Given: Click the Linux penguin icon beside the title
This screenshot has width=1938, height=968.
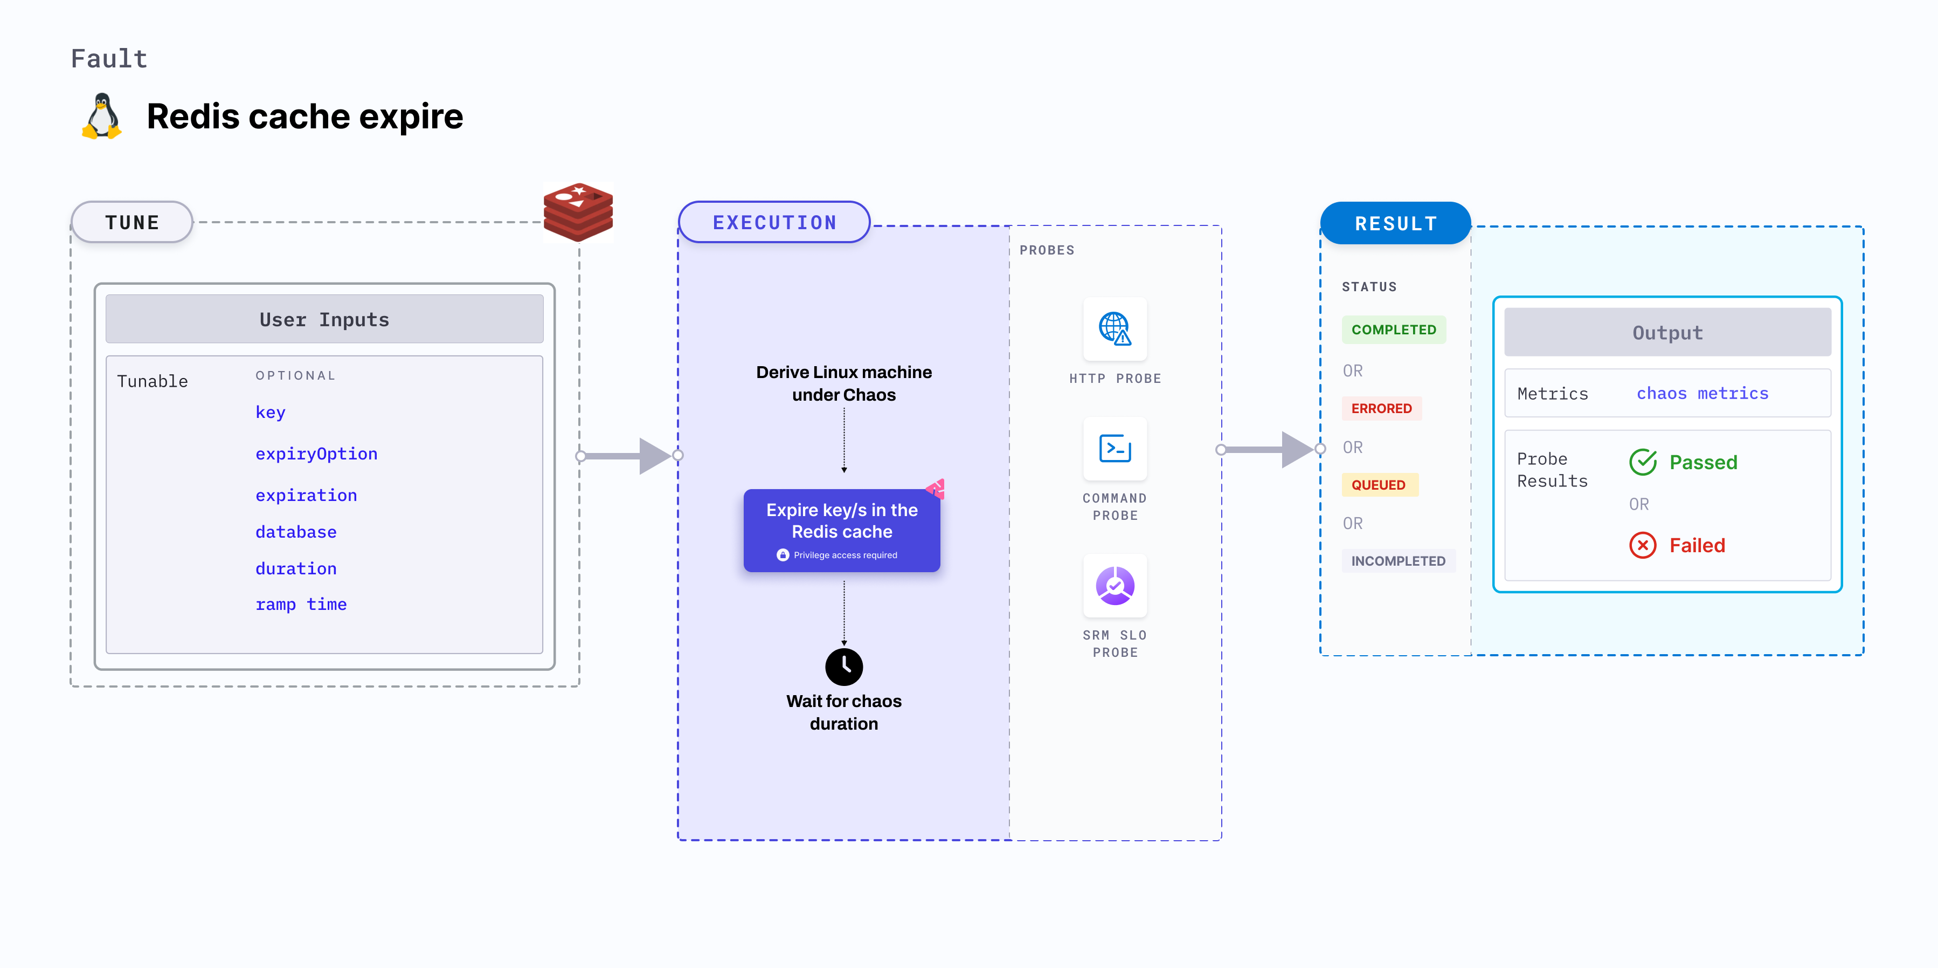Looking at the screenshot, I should tap(101, 116).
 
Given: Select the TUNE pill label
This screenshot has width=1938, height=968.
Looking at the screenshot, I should tap(133, 222).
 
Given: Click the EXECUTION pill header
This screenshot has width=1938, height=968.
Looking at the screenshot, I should tap(774, 222).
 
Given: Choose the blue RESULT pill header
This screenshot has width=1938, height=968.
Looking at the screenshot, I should tap(1396, 224).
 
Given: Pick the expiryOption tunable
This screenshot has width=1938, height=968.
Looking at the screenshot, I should tap(316, 454).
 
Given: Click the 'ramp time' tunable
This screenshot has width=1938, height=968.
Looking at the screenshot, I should tap(301, 605).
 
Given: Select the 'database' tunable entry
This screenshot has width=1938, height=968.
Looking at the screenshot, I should tap(296, 532).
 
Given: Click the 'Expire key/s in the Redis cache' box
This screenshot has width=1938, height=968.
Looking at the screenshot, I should tap(842, 530).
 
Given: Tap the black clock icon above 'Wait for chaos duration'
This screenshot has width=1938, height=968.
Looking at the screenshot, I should tap(843, 666).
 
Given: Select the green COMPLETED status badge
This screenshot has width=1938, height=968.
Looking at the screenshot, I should tap(1393, 329).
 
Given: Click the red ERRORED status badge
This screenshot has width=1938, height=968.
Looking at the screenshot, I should tap(1381, 408).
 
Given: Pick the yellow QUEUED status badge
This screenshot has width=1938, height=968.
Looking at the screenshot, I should tap(1378, 485).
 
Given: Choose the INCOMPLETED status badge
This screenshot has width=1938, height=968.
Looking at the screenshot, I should tap(1398, 561).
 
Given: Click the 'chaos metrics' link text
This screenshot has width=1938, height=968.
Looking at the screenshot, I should tap(1702, 393).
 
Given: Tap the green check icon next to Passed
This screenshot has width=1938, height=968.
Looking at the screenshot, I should tap(1642, 462).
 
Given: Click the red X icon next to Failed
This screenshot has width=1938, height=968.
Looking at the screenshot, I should tap(1642, 545).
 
